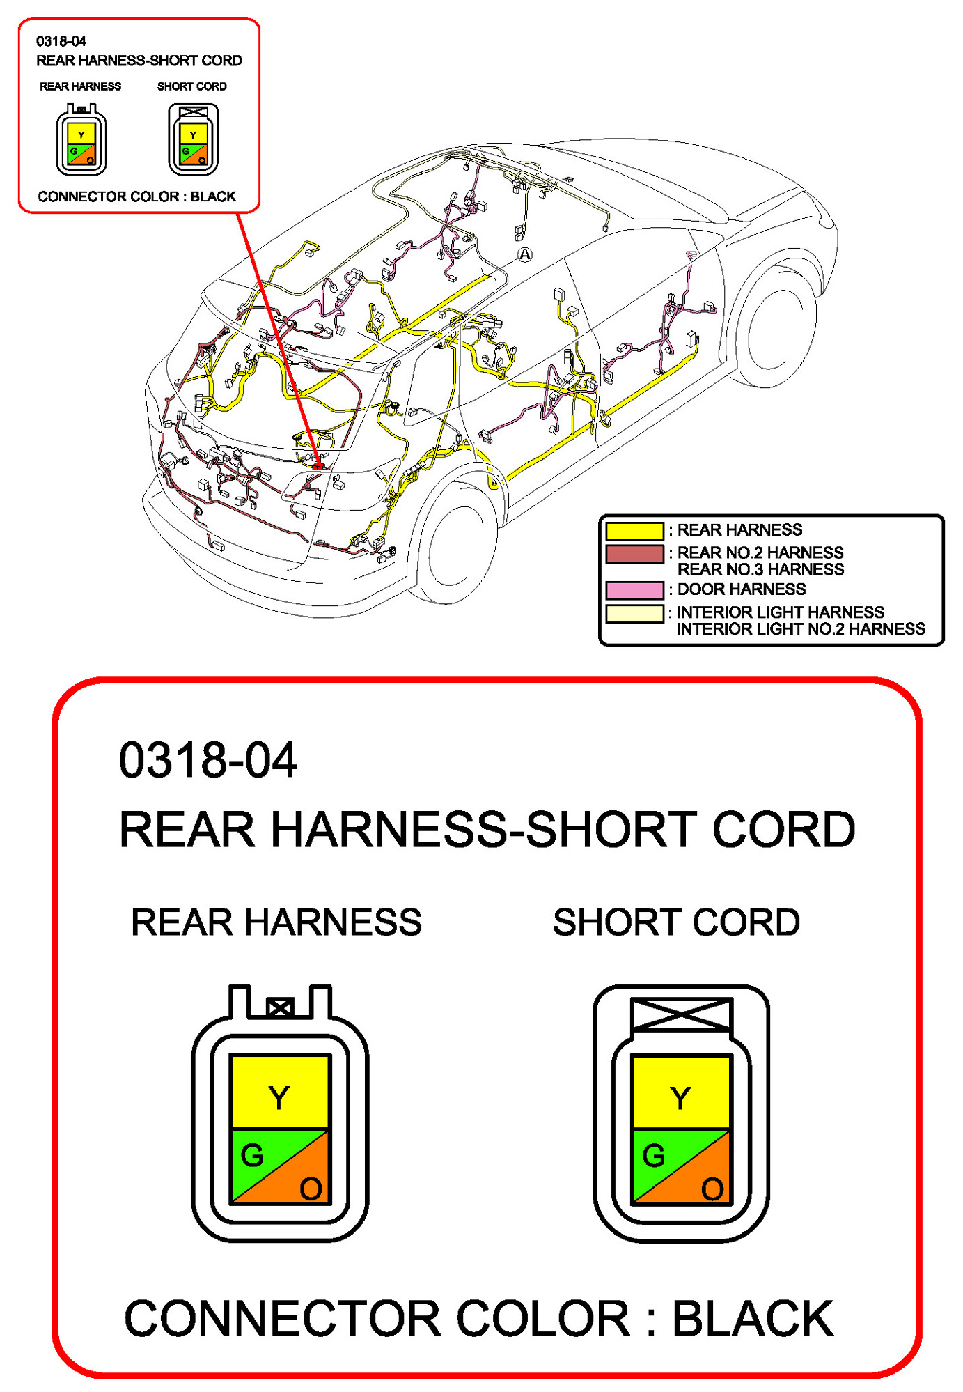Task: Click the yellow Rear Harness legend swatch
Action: pos(634,531)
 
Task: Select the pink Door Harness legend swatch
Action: pos(634,590)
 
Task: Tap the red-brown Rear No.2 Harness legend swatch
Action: pos(634,554)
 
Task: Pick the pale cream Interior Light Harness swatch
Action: pos(634,613)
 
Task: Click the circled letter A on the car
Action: pos(525,255)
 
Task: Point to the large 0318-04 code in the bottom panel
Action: pos(208,760)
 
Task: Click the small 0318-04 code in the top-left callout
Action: pos(61,42)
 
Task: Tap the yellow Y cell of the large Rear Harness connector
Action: pos(279,1092)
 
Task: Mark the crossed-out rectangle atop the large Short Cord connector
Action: pos(681,1014)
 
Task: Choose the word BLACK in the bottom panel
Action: pos(753,1319)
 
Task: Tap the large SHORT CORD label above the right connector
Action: pos(676,922)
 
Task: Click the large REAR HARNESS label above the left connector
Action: pos(276,922)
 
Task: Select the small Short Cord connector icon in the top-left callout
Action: pos(193,139)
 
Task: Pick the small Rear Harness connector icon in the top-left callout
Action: pos(81,139)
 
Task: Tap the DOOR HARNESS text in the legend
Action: pos(741,589)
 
